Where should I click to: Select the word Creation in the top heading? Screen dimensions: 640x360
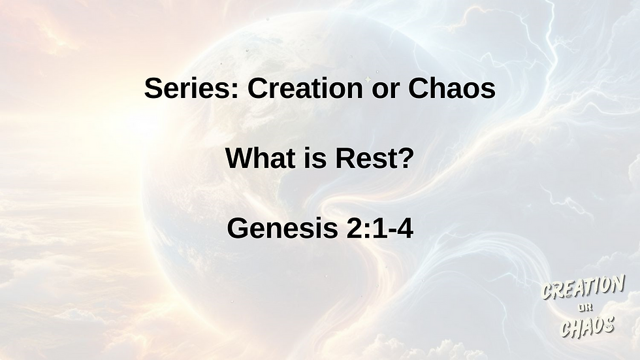306,88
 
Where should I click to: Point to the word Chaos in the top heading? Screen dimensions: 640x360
452,88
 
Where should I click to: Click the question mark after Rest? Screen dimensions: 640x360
405,158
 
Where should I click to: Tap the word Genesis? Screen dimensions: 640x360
282,228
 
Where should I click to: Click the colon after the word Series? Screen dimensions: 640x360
234,91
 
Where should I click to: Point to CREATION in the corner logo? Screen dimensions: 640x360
583,287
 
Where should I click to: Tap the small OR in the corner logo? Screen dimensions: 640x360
585,307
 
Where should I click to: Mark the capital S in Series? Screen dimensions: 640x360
154,88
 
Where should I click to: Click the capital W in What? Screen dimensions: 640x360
240,158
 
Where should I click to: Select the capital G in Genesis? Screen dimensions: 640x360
238,228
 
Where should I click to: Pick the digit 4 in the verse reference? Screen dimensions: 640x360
405,228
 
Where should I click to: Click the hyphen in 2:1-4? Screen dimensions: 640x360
391,231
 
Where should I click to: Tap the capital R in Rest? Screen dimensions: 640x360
345,158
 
